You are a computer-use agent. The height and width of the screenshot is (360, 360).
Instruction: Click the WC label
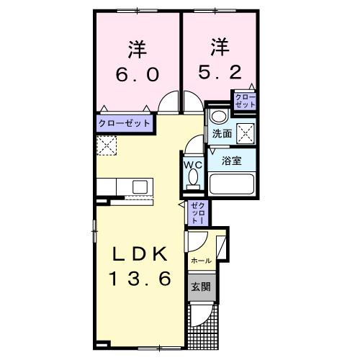tap(192, 164)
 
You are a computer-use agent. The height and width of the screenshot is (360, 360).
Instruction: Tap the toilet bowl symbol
tap(192, 182)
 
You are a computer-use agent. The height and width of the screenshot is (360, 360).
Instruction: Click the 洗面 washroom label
tap(221, 134)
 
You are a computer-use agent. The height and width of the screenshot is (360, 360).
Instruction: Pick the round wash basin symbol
tap(218, 117)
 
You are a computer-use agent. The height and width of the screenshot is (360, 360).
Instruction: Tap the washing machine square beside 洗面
tap(246, 132)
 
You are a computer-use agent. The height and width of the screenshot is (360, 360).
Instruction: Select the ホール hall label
tap(201, 260)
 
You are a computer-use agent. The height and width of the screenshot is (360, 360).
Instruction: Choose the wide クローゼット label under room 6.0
tap(125, 123)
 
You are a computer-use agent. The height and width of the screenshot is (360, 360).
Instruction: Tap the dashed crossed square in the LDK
tap(106, 145)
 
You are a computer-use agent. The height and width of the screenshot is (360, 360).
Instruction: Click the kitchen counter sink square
tap(139, 186)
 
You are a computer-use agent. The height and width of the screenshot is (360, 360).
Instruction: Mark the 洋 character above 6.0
tap(137, 49)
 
